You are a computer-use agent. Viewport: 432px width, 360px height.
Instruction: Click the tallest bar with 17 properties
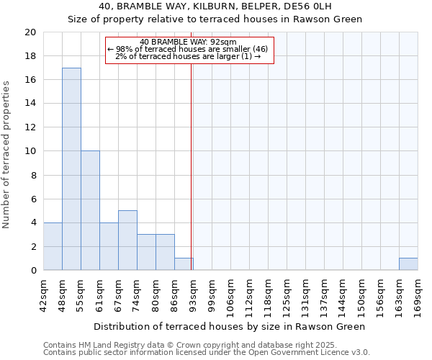[x=71, y=169]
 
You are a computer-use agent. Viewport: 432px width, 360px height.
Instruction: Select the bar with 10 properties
[x=90, y=210]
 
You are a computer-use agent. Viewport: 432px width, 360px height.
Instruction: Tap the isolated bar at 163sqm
[x=408, y=264]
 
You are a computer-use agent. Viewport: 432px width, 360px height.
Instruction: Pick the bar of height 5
[x=127, y=240]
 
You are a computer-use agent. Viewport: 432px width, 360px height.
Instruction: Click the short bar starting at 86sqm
[x=184, y=264]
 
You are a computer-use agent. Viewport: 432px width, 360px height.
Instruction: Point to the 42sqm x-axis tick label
[x=43, y=294]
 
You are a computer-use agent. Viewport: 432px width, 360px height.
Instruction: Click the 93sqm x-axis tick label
[x=193, y=294]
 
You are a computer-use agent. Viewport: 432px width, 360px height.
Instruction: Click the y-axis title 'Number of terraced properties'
[x=7, y=154]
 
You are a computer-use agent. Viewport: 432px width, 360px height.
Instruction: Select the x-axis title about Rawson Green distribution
[x=230, y=326]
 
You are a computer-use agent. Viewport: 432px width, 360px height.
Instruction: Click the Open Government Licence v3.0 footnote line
[x=207, y=353]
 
